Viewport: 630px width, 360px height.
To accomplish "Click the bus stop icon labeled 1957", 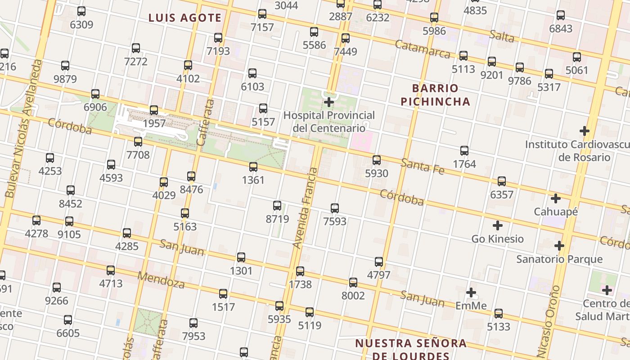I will point(154,110).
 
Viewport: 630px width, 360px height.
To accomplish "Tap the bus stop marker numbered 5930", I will point(377,160).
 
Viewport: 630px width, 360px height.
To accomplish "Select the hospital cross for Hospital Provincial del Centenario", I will point(329,102).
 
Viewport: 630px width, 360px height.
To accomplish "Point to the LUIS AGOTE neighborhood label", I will point(185,18).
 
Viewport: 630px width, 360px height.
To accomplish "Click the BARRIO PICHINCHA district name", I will point(435,95).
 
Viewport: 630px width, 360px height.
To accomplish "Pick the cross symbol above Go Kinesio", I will point(498,225).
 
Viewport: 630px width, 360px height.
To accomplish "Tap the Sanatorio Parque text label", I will point(559,259).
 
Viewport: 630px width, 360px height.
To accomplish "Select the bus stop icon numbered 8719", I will point(277,206).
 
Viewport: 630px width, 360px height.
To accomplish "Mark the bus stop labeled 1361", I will point(253,167).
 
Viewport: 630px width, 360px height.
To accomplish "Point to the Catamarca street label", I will point(423,49).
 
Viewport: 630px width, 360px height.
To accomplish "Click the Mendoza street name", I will point(161,279).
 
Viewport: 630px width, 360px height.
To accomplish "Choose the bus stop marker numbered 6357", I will point(502,181).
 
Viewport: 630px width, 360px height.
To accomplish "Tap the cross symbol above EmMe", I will point(471,293).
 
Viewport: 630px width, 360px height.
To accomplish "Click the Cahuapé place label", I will point(556,211).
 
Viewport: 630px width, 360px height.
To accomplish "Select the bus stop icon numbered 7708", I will point(138,142).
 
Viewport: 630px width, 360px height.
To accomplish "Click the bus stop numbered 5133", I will point(499,314).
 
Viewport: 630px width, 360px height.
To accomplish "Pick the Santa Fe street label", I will point(423,166).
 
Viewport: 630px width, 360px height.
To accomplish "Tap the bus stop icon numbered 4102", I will point(188,65).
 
